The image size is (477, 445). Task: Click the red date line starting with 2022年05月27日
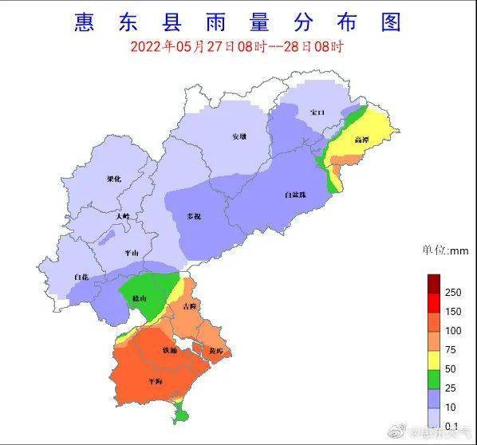click(x=237, y=46)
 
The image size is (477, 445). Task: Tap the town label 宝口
click(x=317, y=113)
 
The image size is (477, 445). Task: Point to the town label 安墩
click(x=238, y=136)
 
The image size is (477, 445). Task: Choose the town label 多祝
click(x=194, y=216)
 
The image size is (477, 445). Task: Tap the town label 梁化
click(x=114, y=179)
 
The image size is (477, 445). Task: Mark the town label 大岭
click(x=121, y=216)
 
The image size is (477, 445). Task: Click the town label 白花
click(x=81, y=277)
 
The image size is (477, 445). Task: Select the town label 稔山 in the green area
click(x=140, y=297)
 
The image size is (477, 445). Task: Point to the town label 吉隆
click(x=188, y=306)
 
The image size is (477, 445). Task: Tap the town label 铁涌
click(x=170, y=350)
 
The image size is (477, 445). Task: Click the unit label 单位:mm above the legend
click(x=445, y=250)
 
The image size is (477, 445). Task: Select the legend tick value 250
click(x=453, y=293)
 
